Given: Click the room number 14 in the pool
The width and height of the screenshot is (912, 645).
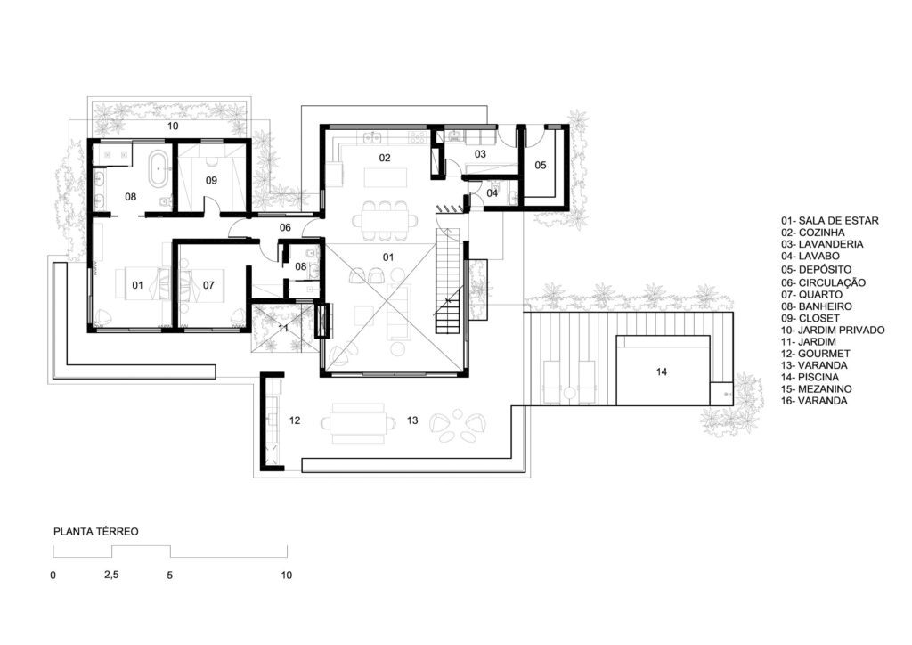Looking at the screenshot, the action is [662, 371].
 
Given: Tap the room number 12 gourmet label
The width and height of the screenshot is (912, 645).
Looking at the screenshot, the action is [295, 420].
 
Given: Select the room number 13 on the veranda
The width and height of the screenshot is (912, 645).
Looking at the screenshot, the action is [412, 420].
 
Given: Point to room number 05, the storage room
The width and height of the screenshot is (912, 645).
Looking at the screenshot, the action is [541, 165].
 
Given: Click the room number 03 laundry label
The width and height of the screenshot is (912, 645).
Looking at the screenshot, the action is [480, 154].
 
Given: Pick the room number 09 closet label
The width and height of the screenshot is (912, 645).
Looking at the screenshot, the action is [211, 180].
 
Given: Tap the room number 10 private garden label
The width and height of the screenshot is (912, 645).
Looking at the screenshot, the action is [173, 126].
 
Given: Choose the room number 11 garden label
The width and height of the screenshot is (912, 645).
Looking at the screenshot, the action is [283, 328].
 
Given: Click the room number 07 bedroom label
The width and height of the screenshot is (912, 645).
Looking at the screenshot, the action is [208, 285].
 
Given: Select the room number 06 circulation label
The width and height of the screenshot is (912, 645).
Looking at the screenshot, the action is [285, 227].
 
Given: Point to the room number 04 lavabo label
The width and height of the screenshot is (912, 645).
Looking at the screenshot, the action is [492, 193].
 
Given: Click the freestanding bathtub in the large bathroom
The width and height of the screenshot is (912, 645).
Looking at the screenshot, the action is [159, 169].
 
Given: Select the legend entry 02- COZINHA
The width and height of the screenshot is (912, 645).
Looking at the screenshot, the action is [813, 233].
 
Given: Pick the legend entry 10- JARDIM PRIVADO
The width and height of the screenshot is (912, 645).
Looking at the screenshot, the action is [833, 330].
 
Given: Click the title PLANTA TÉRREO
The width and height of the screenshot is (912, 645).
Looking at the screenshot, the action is [96, 532].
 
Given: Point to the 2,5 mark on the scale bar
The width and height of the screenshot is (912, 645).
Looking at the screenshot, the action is [111, 575].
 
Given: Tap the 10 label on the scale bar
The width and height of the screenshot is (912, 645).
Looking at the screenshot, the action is [286, 576].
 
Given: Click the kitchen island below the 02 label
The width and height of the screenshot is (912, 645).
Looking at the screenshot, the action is [384, 177].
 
